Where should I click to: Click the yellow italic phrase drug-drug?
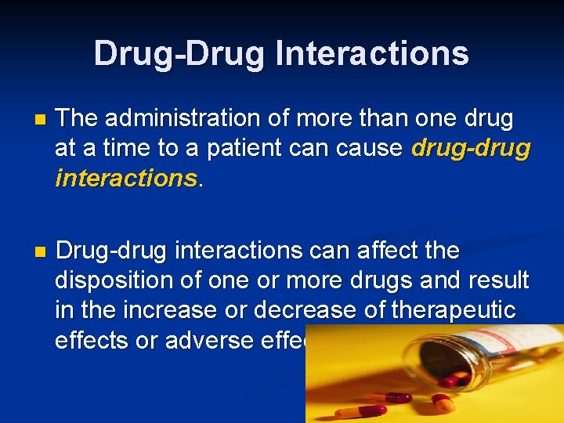click(x=471, y=149)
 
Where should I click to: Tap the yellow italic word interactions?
click(x=125, y=179)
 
